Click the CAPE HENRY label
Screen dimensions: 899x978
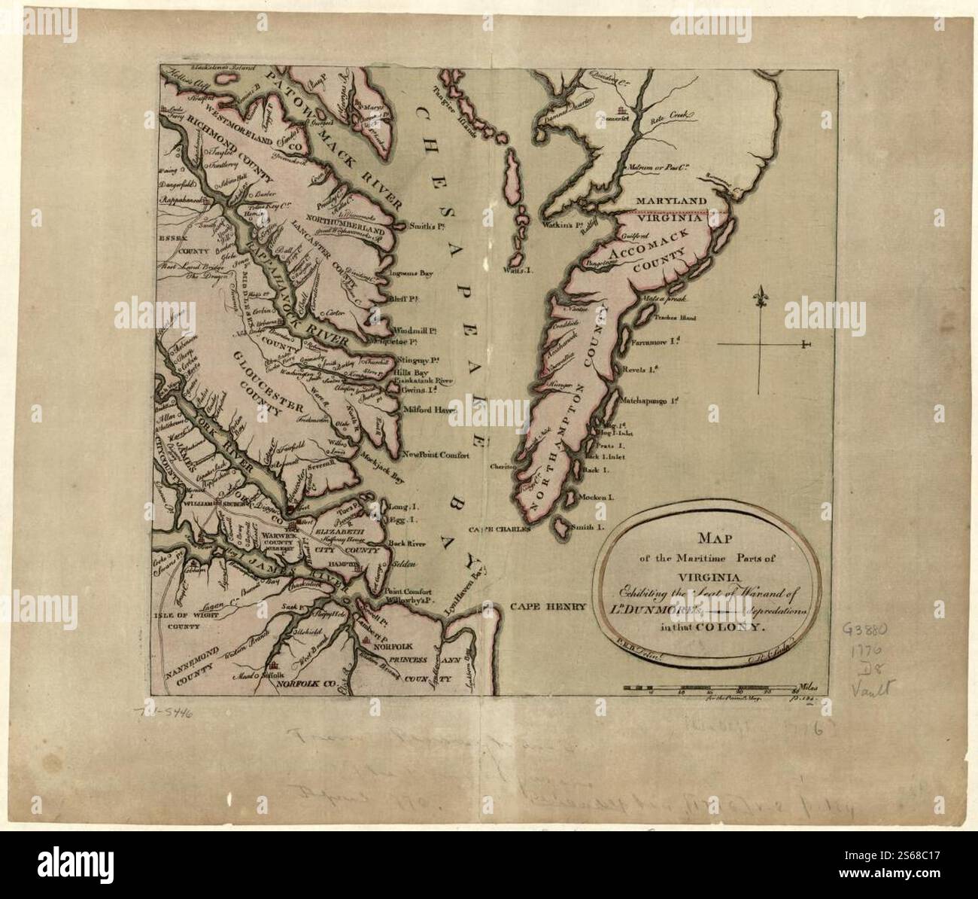click(x=547, y=605)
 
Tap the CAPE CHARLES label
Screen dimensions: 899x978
click(x=501, y=529)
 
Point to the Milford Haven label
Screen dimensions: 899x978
click(x=430, y=410)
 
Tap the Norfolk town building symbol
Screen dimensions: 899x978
click(x=367, y=638)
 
